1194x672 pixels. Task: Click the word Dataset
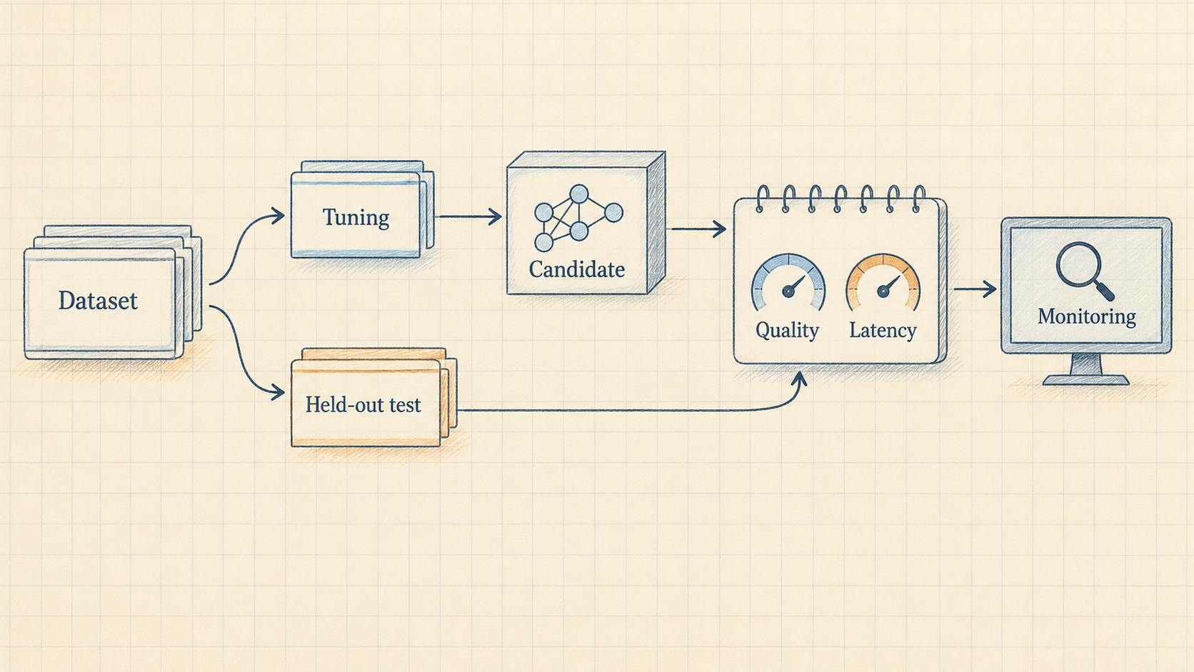point(98,301)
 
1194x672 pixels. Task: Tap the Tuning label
point(356,218)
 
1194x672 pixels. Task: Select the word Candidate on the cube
point(577,270)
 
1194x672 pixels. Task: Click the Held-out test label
point(363,405)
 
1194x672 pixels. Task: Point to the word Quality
point(787,331)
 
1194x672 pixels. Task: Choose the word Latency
point(883,331)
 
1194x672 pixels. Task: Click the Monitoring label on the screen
point(1086,316)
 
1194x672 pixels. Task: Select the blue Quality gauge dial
point(788,282)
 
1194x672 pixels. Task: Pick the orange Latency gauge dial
point(883,282)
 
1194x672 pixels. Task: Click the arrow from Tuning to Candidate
point(468,217)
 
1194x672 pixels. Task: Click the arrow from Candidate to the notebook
point(699,229)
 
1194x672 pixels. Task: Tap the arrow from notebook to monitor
point(975,289)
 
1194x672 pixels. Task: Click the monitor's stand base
point(1085,380)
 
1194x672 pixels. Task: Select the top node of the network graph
point(579,194)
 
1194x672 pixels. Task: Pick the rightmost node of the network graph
point(613,213)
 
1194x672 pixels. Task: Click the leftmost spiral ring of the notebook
point(763,199)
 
